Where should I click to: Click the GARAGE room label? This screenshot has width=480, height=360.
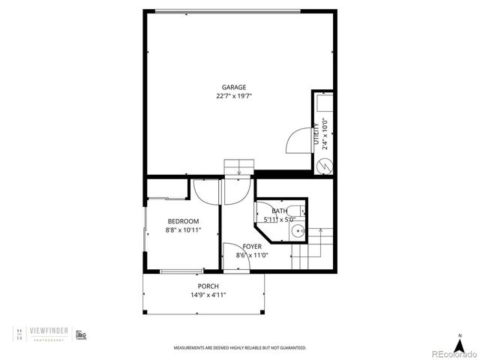[x=233, y=87]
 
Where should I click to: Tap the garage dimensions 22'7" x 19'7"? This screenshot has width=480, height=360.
[x=233, y=96]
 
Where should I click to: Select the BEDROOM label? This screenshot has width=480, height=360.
[x=183, y=221]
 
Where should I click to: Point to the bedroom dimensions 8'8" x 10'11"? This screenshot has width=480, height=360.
[x=183, y=230]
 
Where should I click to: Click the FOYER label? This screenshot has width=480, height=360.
[x=252, y=246]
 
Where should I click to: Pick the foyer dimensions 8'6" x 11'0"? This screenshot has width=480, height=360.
[x=252, y=255]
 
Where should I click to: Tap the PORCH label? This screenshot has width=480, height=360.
[x=208, y=286]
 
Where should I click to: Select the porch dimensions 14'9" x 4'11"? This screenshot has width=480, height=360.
[x=208, y=295]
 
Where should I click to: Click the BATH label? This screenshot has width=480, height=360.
[x=279, y=211]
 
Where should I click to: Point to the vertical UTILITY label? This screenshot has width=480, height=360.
[x=316, y=134]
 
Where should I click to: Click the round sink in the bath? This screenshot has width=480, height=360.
[x=298, y=231]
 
